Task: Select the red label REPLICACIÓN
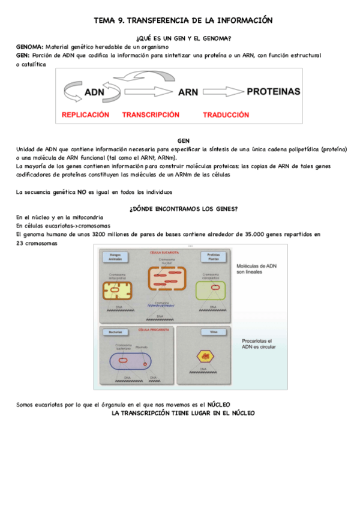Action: (x=85, y=114)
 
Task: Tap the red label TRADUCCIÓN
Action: (x=226, y=114)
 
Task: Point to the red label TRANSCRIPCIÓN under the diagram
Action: (x=151, y=114)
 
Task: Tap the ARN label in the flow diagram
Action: (x=188, y=92)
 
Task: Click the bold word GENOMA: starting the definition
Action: (x=29, y=46)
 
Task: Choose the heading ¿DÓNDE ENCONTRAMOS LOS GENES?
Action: (x=184, y=208)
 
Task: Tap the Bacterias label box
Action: (x=115, y=332)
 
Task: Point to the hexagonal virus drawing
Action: (x=205, y=356)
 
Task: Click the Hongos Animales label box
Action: (x=115, y=256)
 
